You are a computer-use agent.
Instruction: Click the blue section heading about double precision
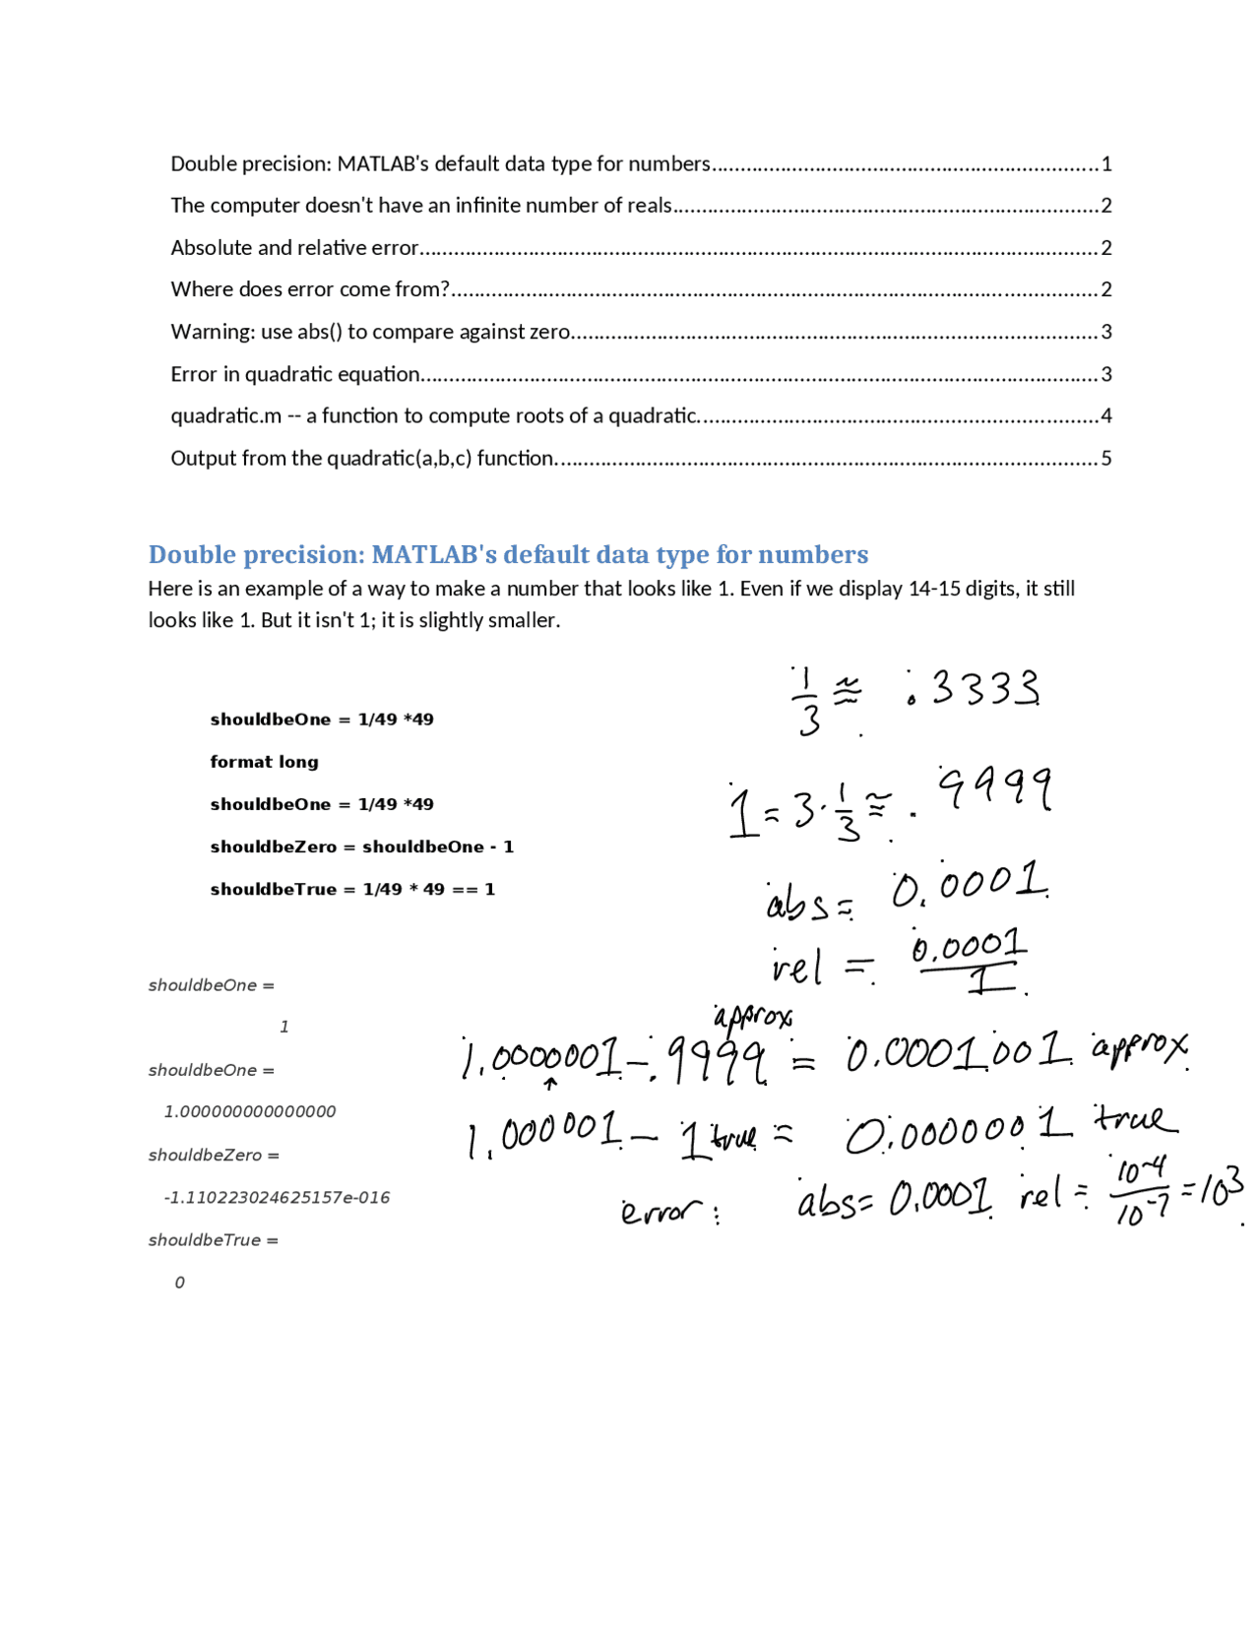(508, 555)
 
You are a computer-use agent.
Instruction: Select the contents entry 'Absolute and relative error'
(295, 248)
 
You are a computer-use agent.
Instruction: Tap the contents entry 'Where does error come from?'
(310, 289)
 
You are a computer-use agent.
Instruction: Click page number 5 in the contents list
(1106, 459)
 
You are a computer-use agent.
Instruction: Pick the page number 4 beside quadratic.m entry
(1106, 416)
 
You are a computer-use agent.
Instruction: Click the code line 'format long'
(264, 762)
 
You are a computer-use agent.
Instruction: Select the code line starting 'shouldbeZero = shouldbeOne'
(361, 846)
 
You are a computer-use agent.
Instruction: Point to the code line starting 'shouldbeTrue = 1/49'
(352, 889)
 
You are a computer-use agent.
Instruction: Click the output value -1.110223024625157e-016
(277, 1198)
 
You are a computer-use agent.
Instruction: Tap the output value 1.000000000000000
(250, 1112)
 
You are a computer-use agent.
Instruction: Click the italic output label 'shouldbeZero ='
(214, 1156)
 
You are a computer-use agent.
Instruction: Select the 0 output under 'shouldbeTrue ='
(179, 1283)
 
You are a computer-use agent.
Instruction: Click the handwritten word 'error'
(662, 1210)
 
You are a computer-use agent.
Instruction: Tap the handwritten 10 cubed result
(1221, 1188)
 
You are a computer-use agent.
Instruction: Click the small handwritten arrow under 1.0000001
(550, 1084)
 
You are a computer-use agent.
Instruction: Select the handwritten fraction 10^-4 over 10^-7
(1140, 1192)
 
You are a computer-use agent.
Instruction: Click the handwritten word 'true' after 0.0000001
(1135, 1119)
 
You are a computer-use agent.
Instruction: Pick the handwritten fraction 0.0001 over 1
(969, 961)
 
